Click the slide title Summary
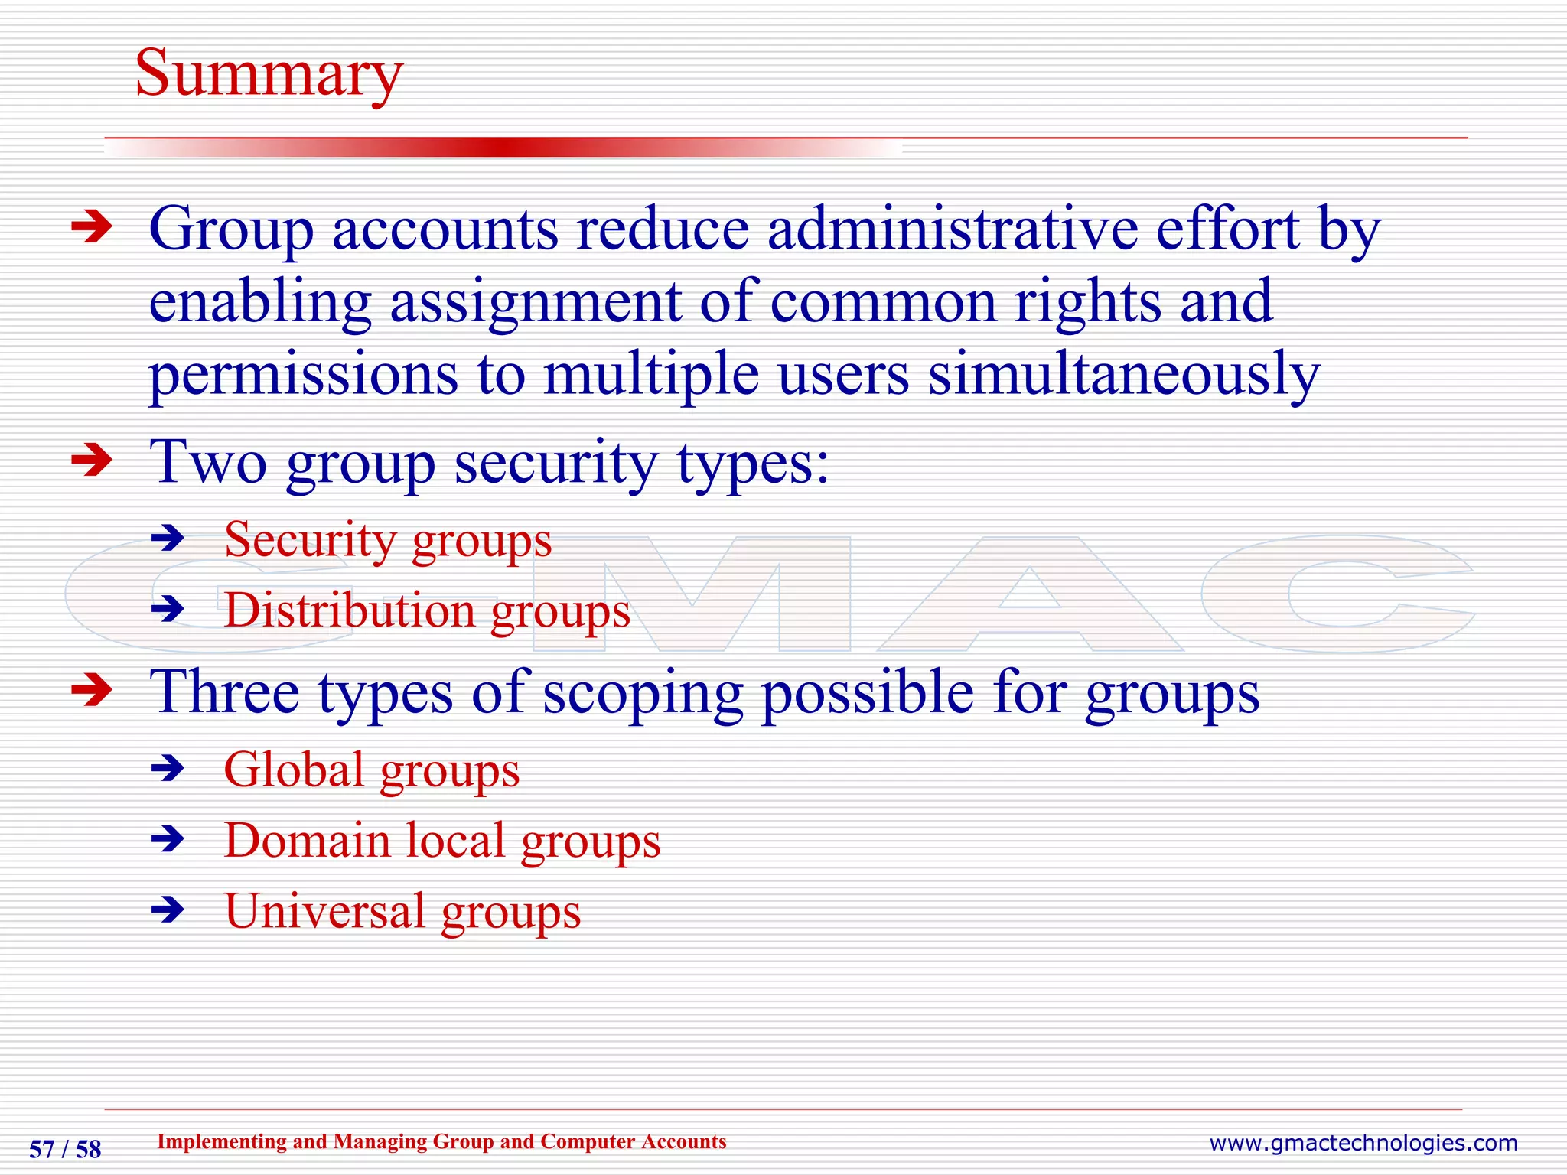pyautogui.click(x=269, y=74)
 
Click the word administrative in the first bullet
pyautogui.click(x=953, y=229)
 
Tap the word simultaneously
pyautogui.click(x=1124, y=374)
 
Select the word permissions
pyautogui.click(x=303, y=374)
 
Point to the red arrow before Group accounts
pyautogui.click(x=92, y=227)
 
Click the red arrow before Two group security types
pyautogui.click(x=92, y=461)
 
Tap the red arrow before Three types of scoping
pyautogui.click(x=92, y=691)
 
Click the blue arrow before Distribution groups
pyautogui.click(x=168, y=610)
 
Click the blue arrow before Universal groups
pyautogui.click(x=168, y=910)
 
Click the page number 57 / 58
pyautogui.click(x=65, y=1149)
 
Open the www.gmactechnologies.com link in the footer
pyautogui.click(x=1363, y=1143)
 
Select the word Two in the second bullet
pyautogui.click(x=208, y=462)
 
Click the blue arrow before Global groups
pyautogui.click(x=168, y=768)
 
